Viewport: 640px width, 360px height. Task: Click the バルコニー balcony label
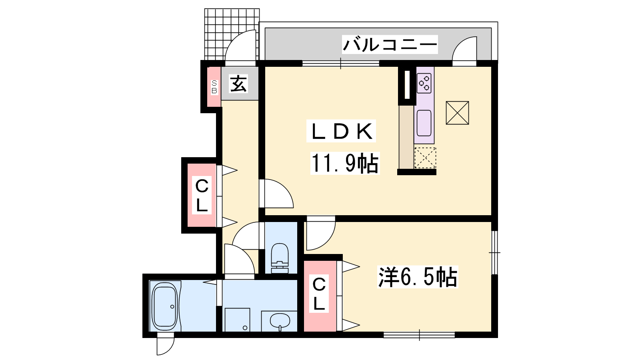[390, 44]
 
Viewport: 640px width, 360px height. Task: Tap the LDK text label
[342, 131]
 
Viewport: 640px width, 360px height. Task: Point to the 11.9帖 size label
[345, 163]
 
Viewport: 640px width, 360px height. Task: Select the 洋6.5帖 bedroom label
[418, 276]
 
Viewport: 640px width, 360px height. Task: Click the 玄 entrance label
[238, 84]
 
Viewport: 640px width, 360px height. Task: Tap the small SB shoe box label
[214, 87]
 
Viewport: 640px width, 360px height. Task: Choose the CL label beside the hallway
[202, 195]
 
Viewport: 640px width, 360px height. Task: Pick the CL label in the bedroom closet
[319, 294]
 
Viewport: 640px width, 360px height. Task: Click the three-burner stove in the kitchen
[424, 83]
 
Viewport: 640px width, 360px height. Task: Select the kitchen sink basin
[424, 123]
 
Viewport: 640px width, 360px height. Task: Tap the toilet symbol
[280, 258]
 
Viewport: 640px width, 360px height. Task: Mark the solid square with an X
[457, 113]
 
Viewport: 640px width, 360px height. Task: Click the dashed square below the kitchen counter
[425, 158]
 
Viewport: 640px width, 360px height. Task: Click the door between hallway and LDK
[276, 194]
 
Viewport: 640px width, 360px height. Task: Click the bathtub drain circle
[172, 306]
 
